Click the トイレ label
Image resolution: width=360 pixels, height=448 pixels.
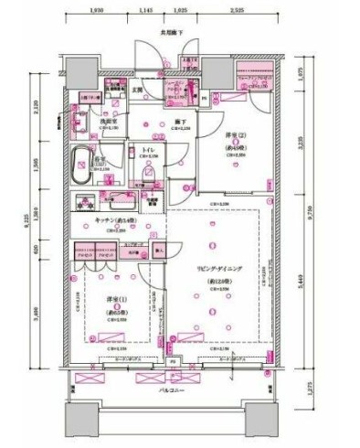pyautogui.click(x=148, y=149)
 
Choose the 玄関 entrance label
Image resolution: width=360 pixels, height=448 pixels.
pyautogui.click(x=136, y=90)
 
